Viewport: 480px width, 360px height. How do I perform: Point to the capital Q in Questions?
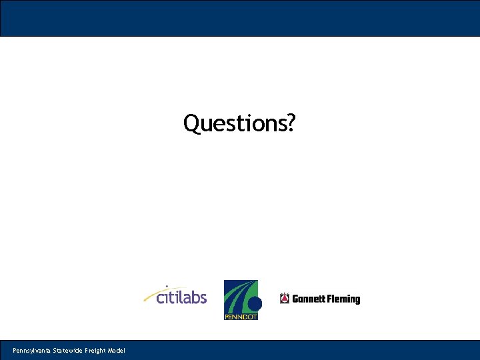click(x=191, y=123)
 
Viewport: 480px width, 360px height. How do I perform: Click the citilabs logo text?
click(x=181, y=297)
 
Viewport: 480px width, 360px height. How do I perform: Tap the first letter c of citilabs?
click(x=161, y=298)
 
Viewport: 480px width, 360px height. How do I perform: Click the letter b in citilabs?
click(x=193, y=296)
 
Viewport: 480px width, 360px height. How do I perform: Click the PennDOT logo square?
click(x=240, y=299)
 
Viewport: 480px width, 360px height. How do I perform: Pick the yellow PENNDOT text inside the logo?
click(x=240, y=317)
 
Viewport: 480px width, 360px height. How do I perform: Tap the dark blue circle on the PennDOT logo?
click(x=255, y=304)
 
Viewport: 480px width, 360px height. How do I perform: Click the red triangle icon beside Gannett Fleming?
click(x=285, y=299)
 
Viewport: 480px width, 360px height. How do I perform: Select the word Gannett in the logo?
click(x=308, y=299)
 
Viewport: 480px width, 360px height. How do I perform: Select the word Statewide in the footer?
click(x=67, y=351)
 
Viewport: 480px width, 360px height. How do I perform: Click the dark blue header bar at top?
click(x=240, y=18)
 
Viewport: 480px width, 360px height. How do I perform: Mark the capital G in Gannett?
click(x=295, y=299)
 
